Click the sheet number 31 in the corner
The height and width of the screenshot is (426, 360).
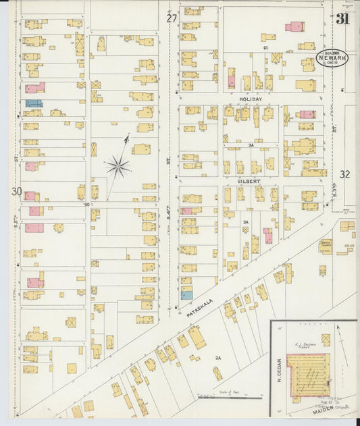pyautogui.click(x=343, y=18)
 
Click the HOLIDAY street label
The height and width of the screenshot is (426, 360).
pyautogui.click(x=251, y=99)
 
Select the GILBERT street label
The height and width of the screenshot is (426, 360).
pyautogui.click(x=249, y=181)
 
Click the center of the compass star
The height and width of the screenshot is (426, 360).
pyautogui.click(x=118, y=165)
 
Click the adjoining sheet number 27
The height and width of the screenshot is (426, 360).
pyautogui.click(x=172, y=18)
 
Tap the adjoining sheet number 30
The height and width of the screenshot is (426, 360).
pyautogui.click(x=16, y=192)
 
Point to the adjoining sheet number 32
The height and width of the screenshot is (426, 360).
pyautogui.click(x=345, y=174)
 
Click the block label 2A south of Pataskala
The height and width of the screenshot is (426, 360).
pyautogui.click(x=218, y=357)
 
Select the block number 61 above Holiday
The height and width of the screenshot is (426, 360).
pyautogui.click(x=266, y=48)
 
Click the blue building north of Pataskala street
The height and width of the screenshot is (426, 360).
pyautogui.click(x=186, y=294)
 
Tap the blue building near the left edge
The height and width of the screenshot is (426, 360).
pyautogui.click(x=33, y=103)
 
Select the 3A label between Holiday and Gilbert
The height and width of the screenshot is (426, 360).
pyautogui.click(x=251, y=144)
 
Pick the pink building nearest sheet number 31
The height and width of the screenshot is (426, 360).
pyautogui.click(x=294, y=27)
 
